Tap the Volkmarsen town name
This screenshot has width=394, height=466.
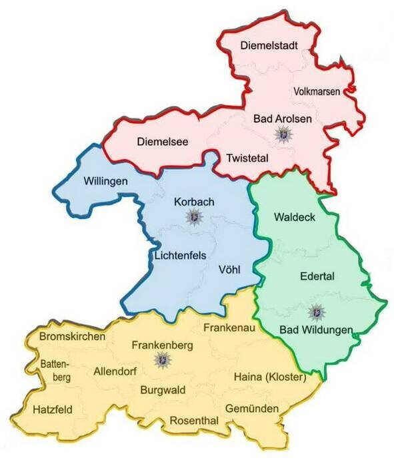click(x=317, y=91)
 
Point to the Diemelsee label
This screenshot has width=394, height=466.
click(x=163, y=141)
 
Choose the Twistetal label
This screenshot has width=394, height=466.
click(x=247, y=158)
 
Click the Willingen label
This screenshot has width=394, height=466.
click(x=106, y=180)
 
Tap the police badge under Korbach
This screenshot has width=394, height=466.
click(x=194, y=216)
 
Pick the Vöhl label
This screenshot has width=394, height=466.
click(x=229, y=270)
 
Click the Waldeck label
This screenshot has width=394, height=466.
click(x=294, y=218)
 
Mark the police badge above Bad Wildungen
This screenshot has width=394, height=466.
click(x=315, y=312)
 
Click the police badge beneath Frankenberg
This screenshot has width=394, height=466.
click(x=160, y=361)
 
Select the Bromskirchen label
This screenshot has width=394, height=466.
click(x=73, y=337)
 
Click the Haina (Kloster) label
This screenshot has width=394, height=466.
click(x=269, y=377)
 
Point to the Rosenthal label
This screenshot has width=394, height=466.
click(x=194, y=421)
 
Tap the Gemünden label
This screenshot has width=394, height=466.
click(x=251, y=407)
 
